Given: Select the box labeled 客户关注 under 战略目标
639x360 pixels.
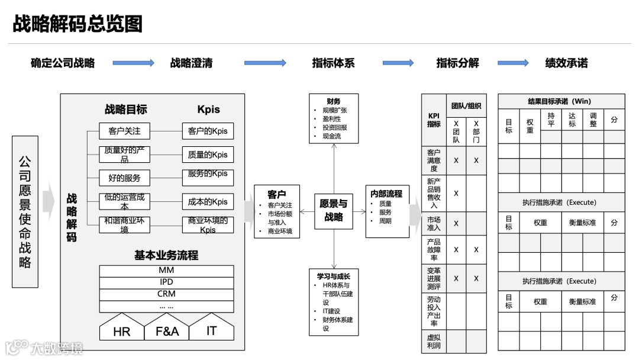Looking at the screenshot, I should click(x=124, y=131).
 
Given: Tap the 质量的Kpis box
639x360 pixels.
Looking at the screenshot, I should click(x=208, y=155).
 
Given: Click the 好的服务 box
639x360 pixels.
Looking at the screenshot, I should click(x=124, y=178).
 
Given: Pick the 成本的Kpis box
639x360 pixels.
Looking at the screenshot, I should click(x=208, y=201).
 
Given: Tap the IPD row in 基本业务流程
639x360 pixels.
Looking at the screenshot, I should click(x=166, y=282).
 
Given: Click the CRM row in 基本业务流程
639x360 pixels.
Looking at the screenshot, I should click(x=166, y=294).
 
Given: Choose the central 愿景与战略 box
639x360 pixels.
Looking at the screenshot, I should click(x=334, y=210).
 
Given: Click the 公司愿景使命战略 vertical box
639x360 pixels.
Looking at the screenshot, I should click(x=25, y=211).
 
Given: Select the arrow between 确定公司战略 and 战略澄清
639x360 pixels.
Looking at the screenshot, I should click(x=133, y=63).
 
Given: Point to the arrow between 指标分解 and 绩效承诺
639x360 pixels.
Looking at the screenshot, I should click(x=513, y=63).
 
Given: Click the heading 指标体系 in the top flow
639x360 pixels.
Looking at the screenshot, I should click(x=333, y=63).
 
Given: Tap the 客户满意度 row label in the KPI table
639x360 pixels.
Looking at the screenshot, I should click(x=434, y=160).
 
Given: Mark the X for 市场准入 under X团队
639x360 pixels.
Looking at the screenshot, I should click(x=456, y=223).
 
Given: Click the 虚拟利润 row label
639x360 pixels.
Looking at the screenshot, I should click(x=434, y=341).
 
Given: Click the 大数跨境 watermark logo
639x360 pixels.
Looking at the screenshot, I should click(x=44, y=347).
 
